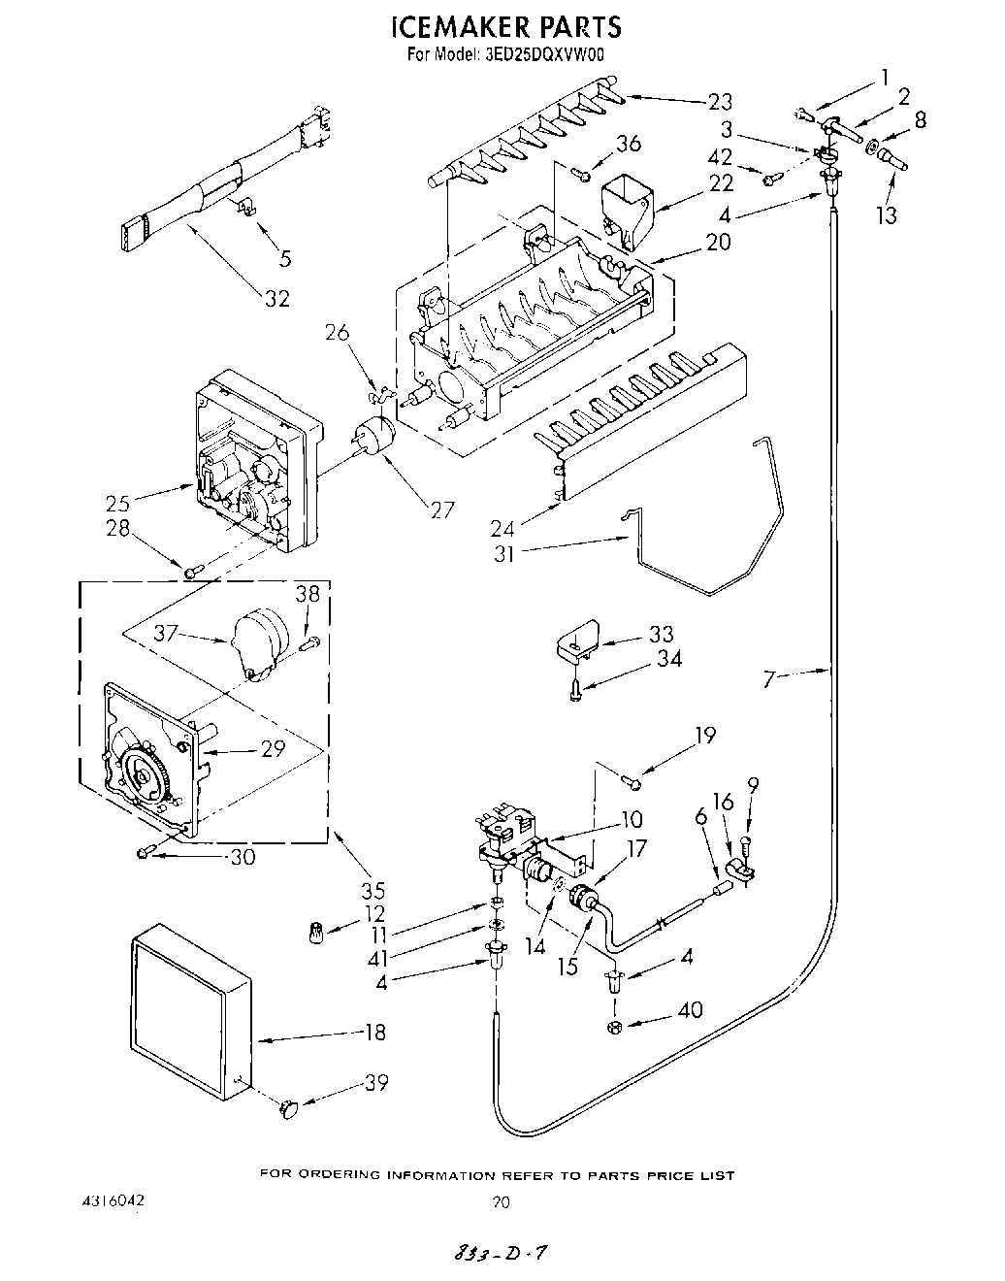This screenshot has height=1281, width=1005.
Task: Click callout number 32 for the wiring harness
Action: pyautogui.click(x=277, y=298)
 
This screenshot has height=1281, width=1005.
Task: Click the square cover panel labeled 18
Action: pyautogui.click(x=189, y=1008)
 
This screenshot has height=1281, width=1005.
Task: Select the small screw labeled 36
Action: pyautogui.click(x=580, y=175)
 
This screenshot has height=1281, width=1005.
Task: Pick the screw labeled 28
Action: pyautogui.click(x=192, y=572)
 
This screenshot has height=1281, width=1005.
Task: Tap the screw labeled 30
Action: pyautogui.click(x=146, y=852)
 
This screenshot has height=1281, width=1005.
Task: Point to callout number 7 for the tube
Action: pyautogui.click(x=769, y=679)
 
